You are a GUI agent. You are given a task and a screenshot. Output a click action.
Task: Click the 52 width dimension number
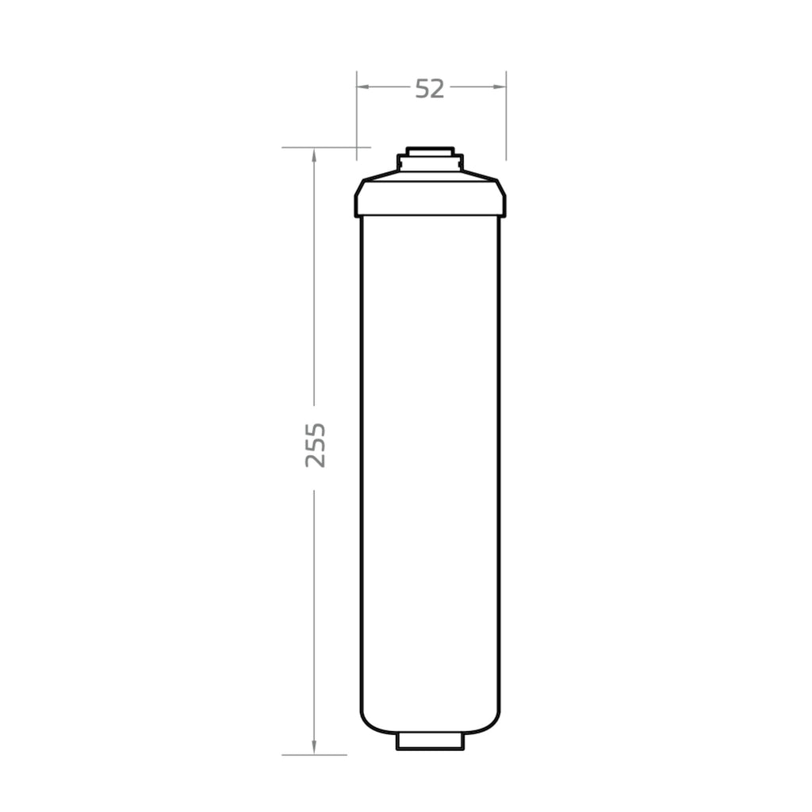click(x=430, y=89)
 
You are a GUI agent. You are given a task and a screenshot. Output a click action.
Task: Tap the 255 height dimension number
click(x=315, y=446)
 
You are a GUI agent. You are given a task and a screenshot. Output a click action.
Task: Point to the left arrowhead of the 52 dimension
click(x=363, y=86)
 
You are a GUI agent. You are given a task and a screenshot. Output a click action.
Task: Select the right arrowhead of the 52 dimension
click(x=500, y=86)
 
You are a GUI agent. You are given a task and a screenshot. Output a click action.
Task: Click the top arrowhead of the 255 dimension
click(x=314, y=155)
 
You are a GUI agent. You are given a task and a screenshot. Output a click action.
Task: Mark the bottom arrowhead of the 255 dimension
click(x=314, y=747)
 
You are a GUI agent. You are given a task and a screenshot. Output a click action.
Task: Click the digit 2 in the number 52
click(x=438, y=89)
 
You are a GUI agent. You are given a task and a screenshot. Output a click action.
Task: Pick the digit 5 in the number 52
click(x=423, y=89)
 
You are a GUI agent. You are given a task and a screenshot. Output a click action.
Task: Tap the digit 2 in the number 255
click(x=315, y=462)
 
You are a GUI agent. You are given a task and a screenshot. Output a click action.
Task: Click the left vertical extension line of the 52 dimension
click(x=357, y=116)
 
